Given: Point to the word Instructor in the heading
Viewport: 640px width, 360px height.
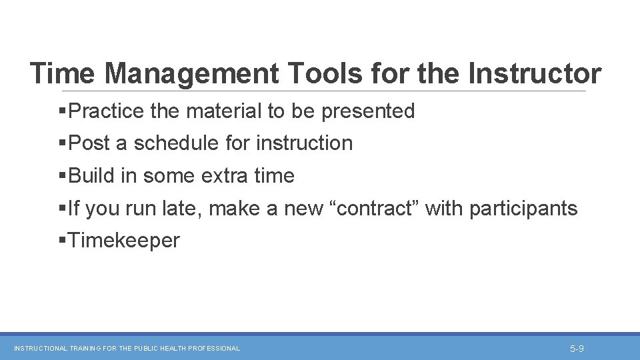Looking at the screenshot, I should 535,73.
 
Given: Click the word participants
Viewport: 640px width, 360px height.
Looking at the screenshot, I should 523,209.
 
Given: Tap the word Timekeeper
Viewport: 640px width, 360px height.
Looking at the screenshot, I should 123,241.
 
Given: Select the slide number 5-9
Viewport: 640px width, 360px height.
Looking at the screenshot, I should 577,349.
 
